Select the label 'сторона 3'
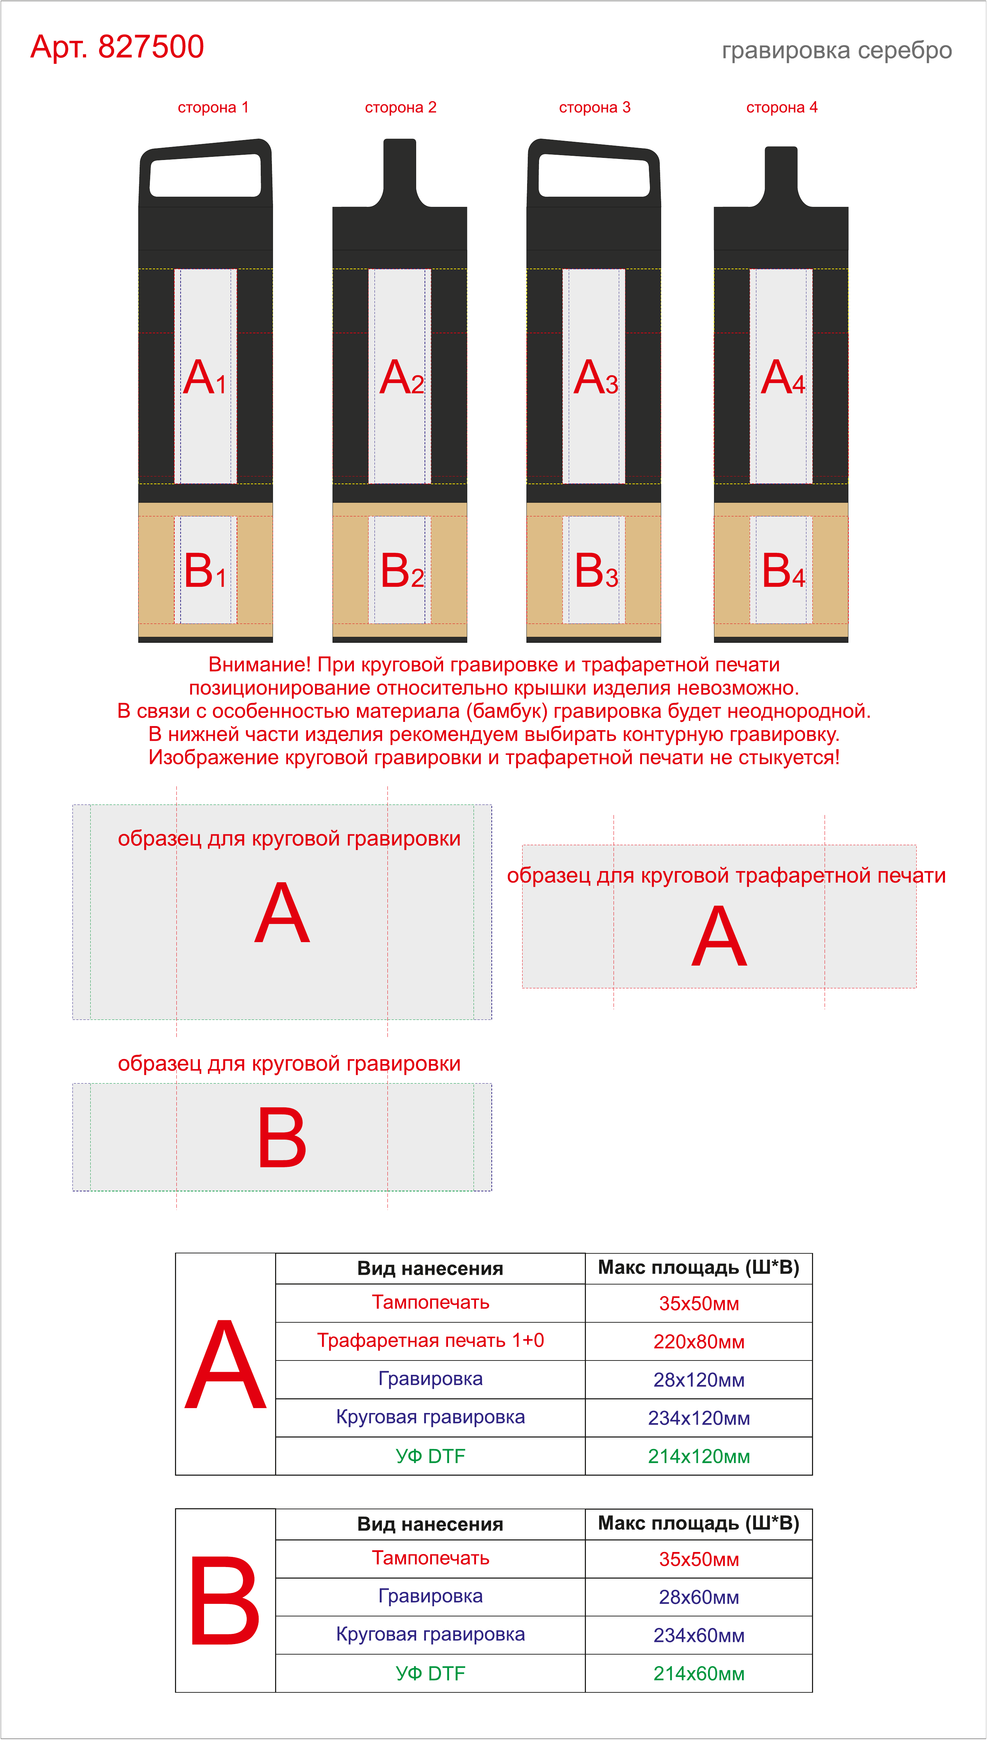[x=595, y=107]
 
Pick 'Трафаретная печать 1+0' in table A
[x=430, y=1341]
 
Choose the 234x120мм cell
[x=699, y=1418]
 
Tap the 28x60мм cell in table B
[x=699, y=1597]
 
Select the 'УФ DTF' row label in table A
[x=430, y=1456]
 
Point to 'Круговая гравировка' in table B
[x=430, y=1634]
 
